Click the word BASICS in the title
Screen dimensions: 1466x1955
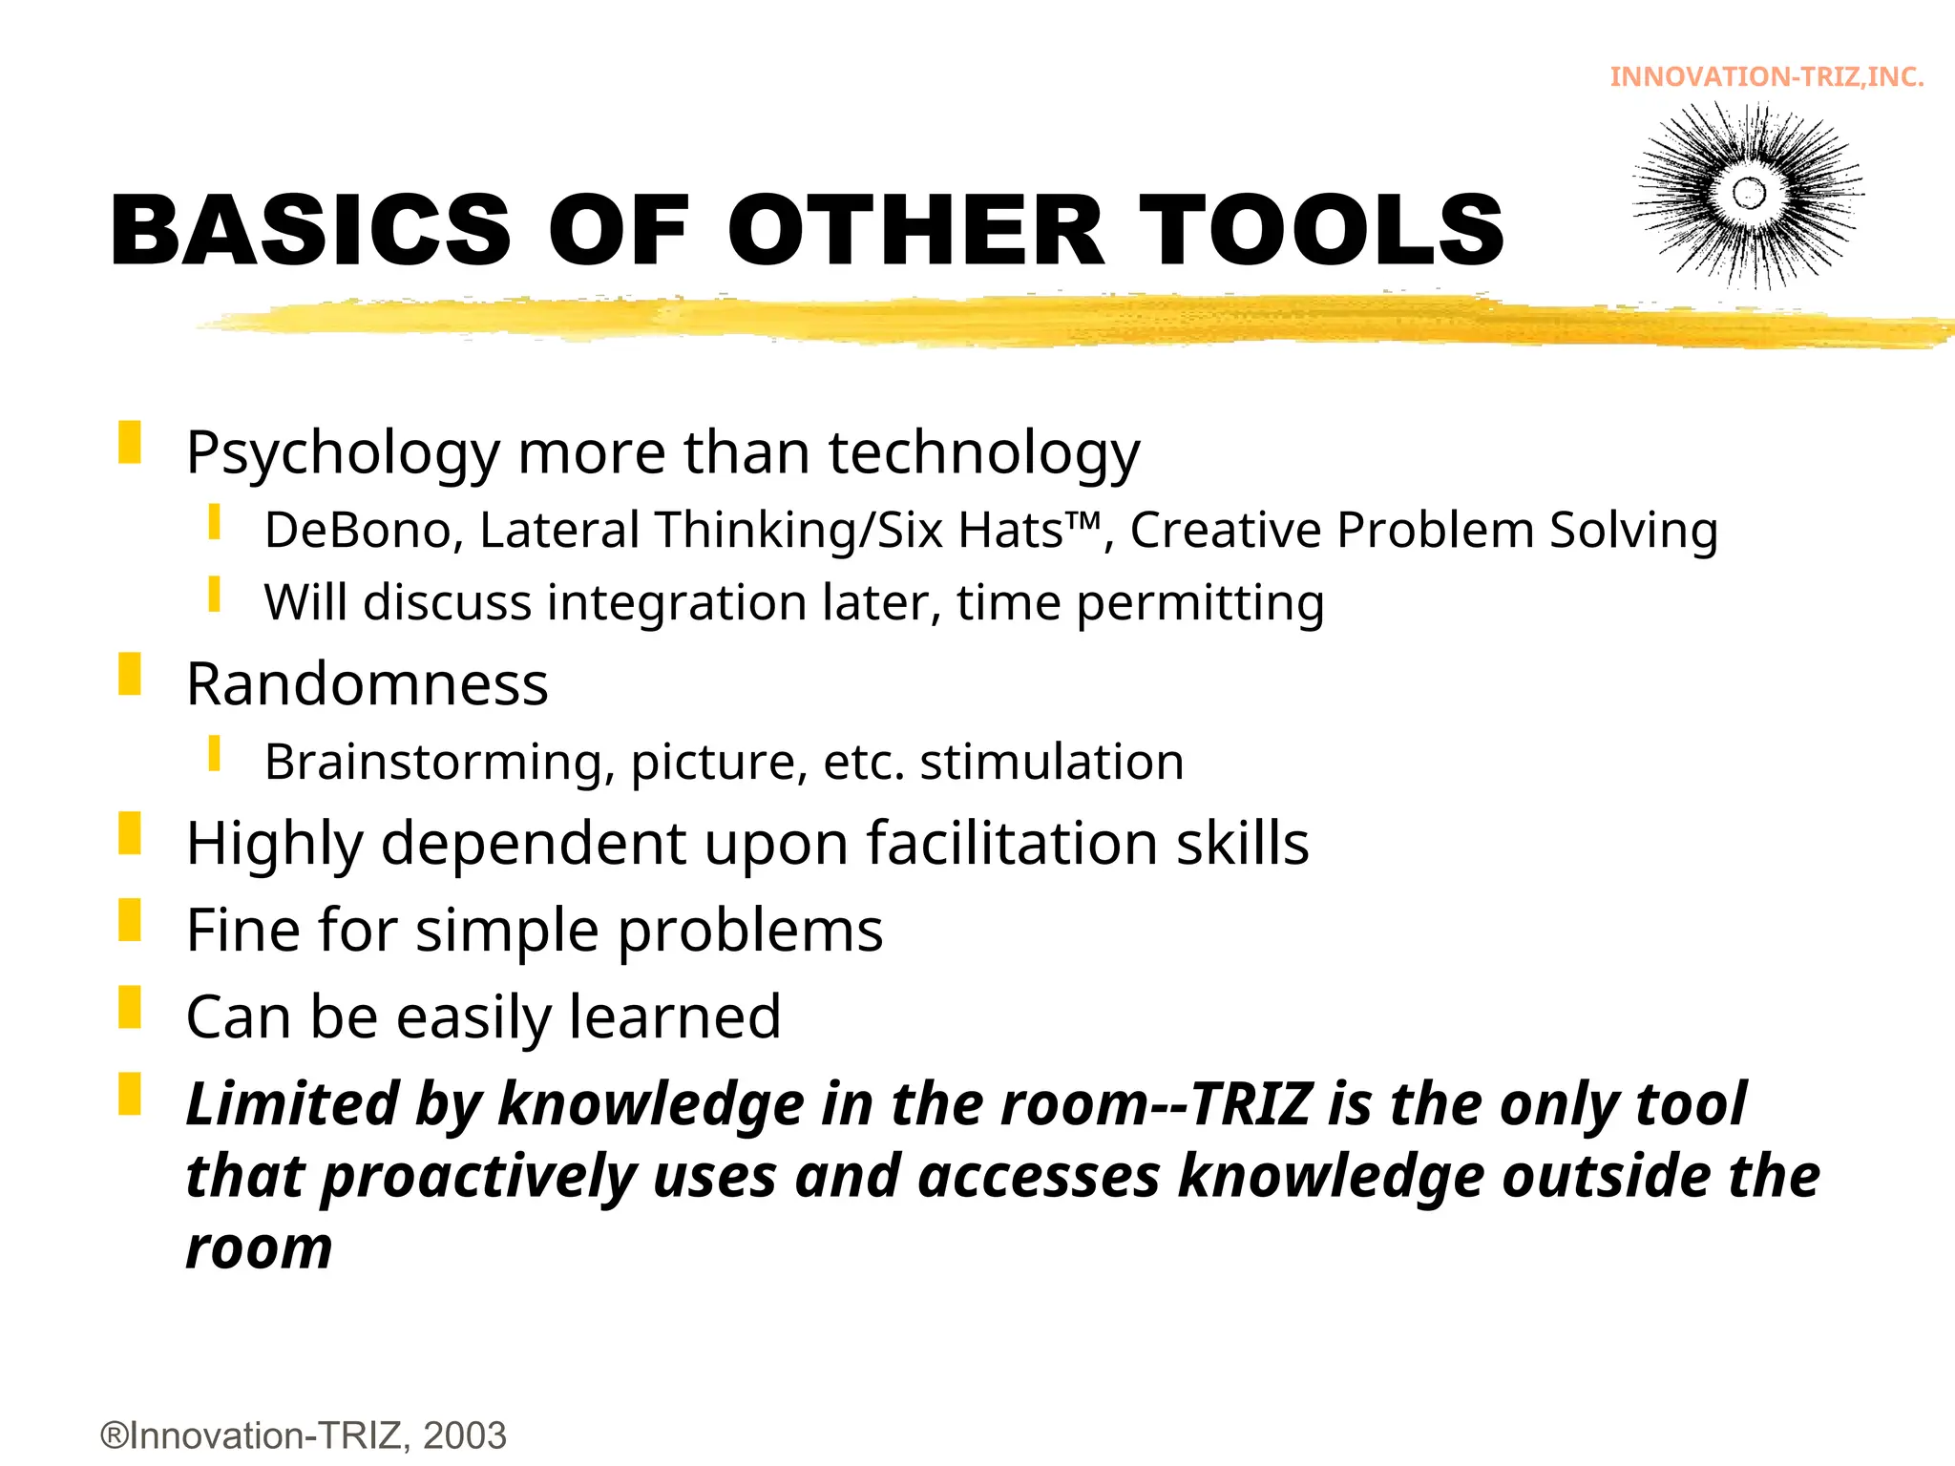pyautogui.click(x=311, y=230)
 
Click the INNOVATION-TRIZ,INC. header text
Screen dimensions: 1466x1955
pyautogui.click(x=1767, y=76)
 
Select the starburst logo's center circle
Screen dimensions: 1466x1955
pyautogui.click(x=1749, y=194)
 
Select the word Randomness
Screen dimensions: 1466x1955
pyautogui.click(x=368, y=684)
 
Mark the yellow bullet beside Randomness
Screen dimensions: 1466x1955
pyautogui.click(x=130, y=674)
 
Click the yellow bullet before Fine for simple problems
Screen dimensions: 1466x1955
pyautogui.click(x=130, y=920)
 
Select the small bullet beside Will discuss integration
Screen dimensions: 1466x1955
pyautogui.click(x=215, y=595)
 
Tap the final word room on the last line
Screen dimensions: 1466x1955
pyautogui.click(x=260, y=1248)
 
